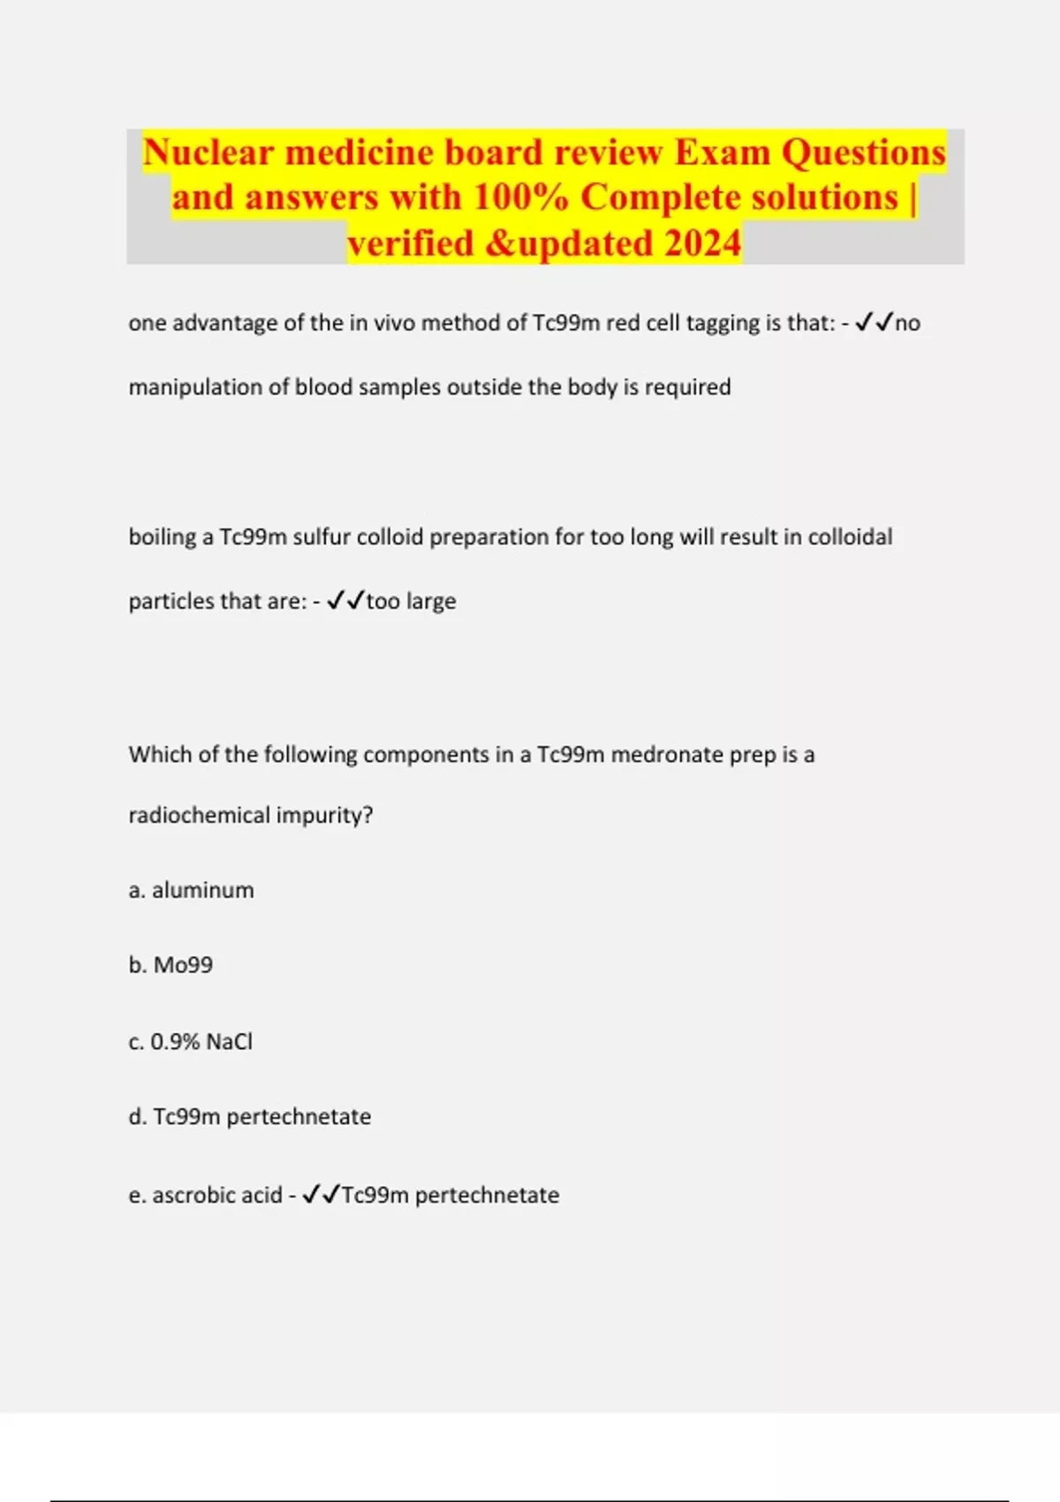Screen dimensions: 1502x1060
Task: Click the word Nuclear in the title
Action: click(208, 153)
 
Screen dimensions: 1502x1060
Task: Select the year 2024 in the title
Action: click(702, 244)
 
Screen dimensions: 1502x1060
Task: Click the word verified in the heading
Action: click(410, 244)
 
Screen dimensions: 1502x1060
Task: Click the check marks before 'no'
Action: click(874, 323)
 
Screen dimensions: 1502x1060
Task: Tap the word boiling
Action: click(163, 537)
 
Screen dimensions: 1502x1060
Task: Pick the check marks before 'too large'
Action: click(345, 602)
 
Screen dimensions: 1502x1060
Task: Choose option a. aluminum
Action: click(191, 890)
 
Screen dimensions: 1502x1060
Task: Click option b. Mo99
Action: click(170, 965)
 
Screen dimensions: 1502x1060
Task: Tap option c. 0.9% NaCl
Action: click(190, 1042)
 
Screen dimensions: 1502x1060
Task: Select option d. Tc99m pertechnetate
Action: click(250, 1117)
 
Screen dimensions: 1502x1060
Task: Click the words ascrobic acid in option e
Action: click(217, 1195)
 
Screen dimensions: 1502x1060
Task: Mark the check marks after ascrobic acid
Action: click(321, 1195)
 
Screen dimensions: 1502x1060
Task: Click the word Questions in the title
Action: click(863, 153)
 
